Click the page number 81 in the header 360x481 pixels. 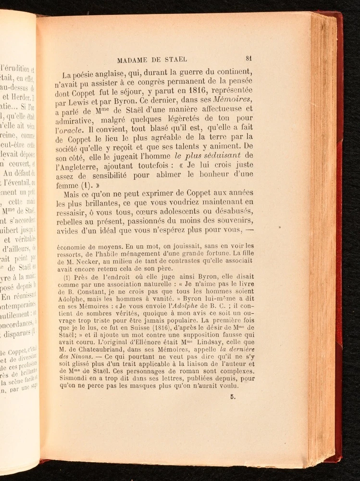[248, 58]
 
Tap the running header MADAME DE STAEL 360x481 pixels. [152, 60]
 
